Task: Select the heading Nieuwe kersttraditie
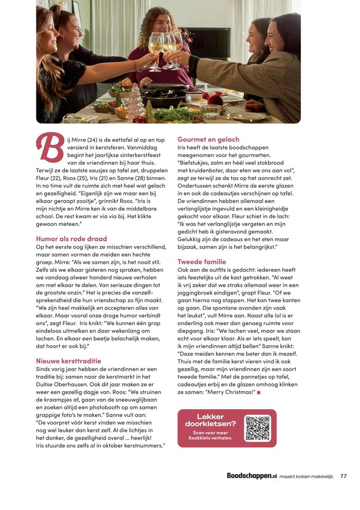[x=68, y=361]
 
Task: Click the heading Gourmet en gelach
[x=208, y=139]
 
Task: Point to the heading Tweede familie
[x=202, y=261]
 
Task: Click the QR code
[x=257, y=428]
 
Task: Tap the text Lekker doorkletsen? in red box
[x=210, y=420]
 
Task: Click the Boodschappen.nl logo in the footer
[x=251, y=476]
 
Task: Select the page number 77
[x=344, y=476]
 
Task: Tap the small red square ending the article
[x=259, y=392]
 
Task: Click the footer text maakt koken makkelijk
[x=307, y=477]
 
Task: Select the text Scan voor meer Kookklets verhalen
[x=210, y=435]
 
